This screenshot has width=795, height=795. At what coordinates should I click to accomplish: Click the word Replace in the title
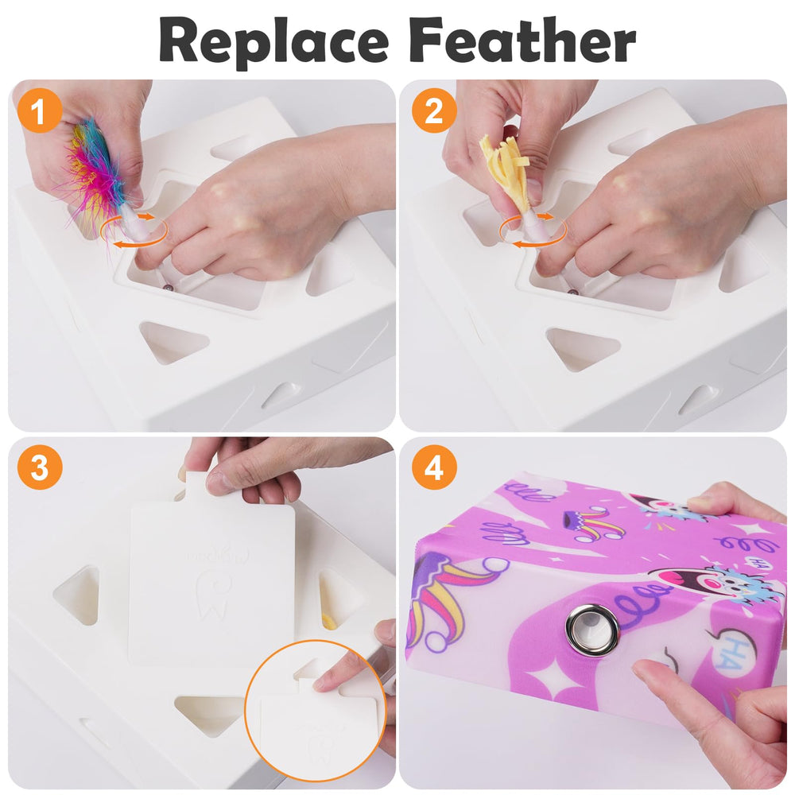tap(273, 41)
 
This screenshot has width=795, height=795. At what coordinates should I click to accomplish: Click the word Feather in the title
tap(522, 40)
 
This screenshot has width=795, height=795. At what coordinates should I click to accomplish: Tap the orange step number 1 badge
tap(39, 111)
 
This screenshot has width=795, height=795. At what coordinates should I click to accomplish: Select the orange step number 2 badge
tap(434, 111)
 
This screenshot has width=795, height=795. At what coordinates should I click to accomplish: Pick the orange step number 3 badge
tap(39, 467)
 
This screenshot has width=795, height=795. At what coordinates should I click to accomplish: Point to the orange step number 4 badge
tap(434, 467)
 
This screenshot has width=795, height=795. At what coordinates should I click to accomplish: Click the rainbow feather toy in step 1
tap(96, 173)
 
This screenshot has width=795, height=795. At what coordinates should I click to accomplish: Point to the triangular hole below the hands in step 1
tap(172, 341)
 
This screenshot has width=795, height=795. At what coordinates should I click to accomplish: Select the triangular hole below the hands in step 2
tap(582, 347)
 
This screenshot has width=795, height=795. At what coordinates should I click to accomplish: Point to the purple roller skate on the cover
tap(583, 525)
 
